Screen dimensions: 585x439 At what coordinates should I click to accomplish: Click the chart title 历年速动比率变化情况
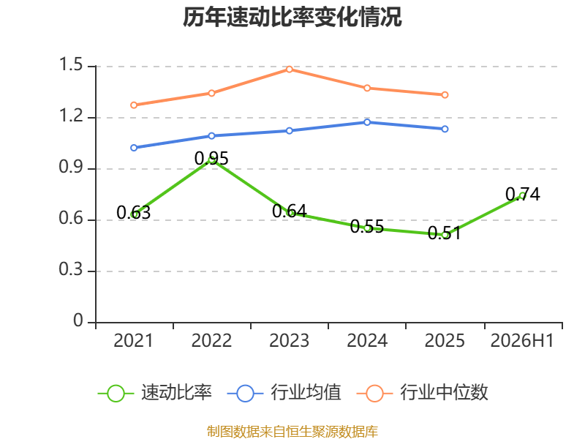pos(292,17)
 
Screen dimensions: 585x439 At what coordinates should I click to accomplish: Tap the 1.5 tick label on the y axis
pos(71,64)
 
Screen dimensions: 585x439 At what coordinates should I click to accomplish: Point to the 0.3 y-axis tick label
pos(71,269)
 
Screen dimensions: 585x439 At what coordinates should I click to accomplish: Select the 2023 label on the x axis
pos(289,340)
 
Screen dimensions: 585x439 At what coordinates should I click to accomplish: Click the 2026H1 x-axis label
pos(522,340)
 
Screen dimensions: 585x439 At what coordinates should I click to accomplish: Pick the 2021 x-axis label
pos(133,340)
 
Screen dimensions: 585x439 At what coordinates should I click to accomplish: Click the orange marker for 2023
pos(289,69)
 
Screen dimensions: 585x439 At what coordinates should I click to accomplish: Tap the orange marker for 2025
pos(445,95)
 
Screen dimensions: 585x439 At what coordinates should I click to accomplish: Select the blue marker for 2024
pos(367,122)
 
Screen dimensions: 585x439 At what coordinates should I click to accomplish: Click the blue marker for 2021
pos(134,148)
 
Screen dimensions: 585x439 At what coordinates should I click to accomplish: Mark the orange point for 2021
pos(134,105)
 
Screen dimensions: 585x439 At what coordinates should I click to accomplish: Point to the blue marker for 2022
pos(211,136)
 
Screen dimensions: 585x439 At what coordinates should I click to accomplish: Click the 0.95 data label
pos(211,158)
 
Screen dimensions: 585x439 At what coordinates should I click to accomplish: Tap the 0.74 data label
pos(523,194)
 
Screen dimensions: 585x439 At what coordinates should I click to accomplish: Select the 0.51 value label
pos(445,233)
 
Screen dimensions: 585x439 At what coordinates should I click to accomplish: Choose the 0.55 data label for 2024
pos(367,226)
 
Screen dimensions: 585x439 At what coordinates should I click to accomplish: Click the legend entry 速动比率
pos(155,393)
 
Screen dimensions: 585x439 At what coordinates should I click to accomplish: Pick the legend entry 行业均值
pos(284,393)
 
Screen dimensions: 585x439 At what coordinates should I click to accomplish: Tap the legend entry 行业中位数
pos(423,393)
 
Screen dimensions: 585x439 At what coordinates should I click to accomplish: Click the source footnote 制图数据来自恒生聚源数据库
pos(292,431)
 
